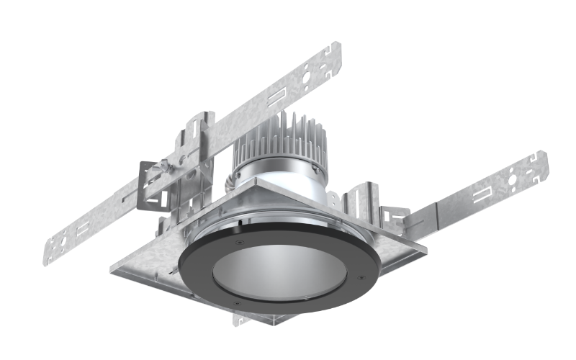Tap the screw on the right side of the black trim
click(358, 275)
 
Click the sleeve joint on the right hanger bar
click(425, 216)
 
